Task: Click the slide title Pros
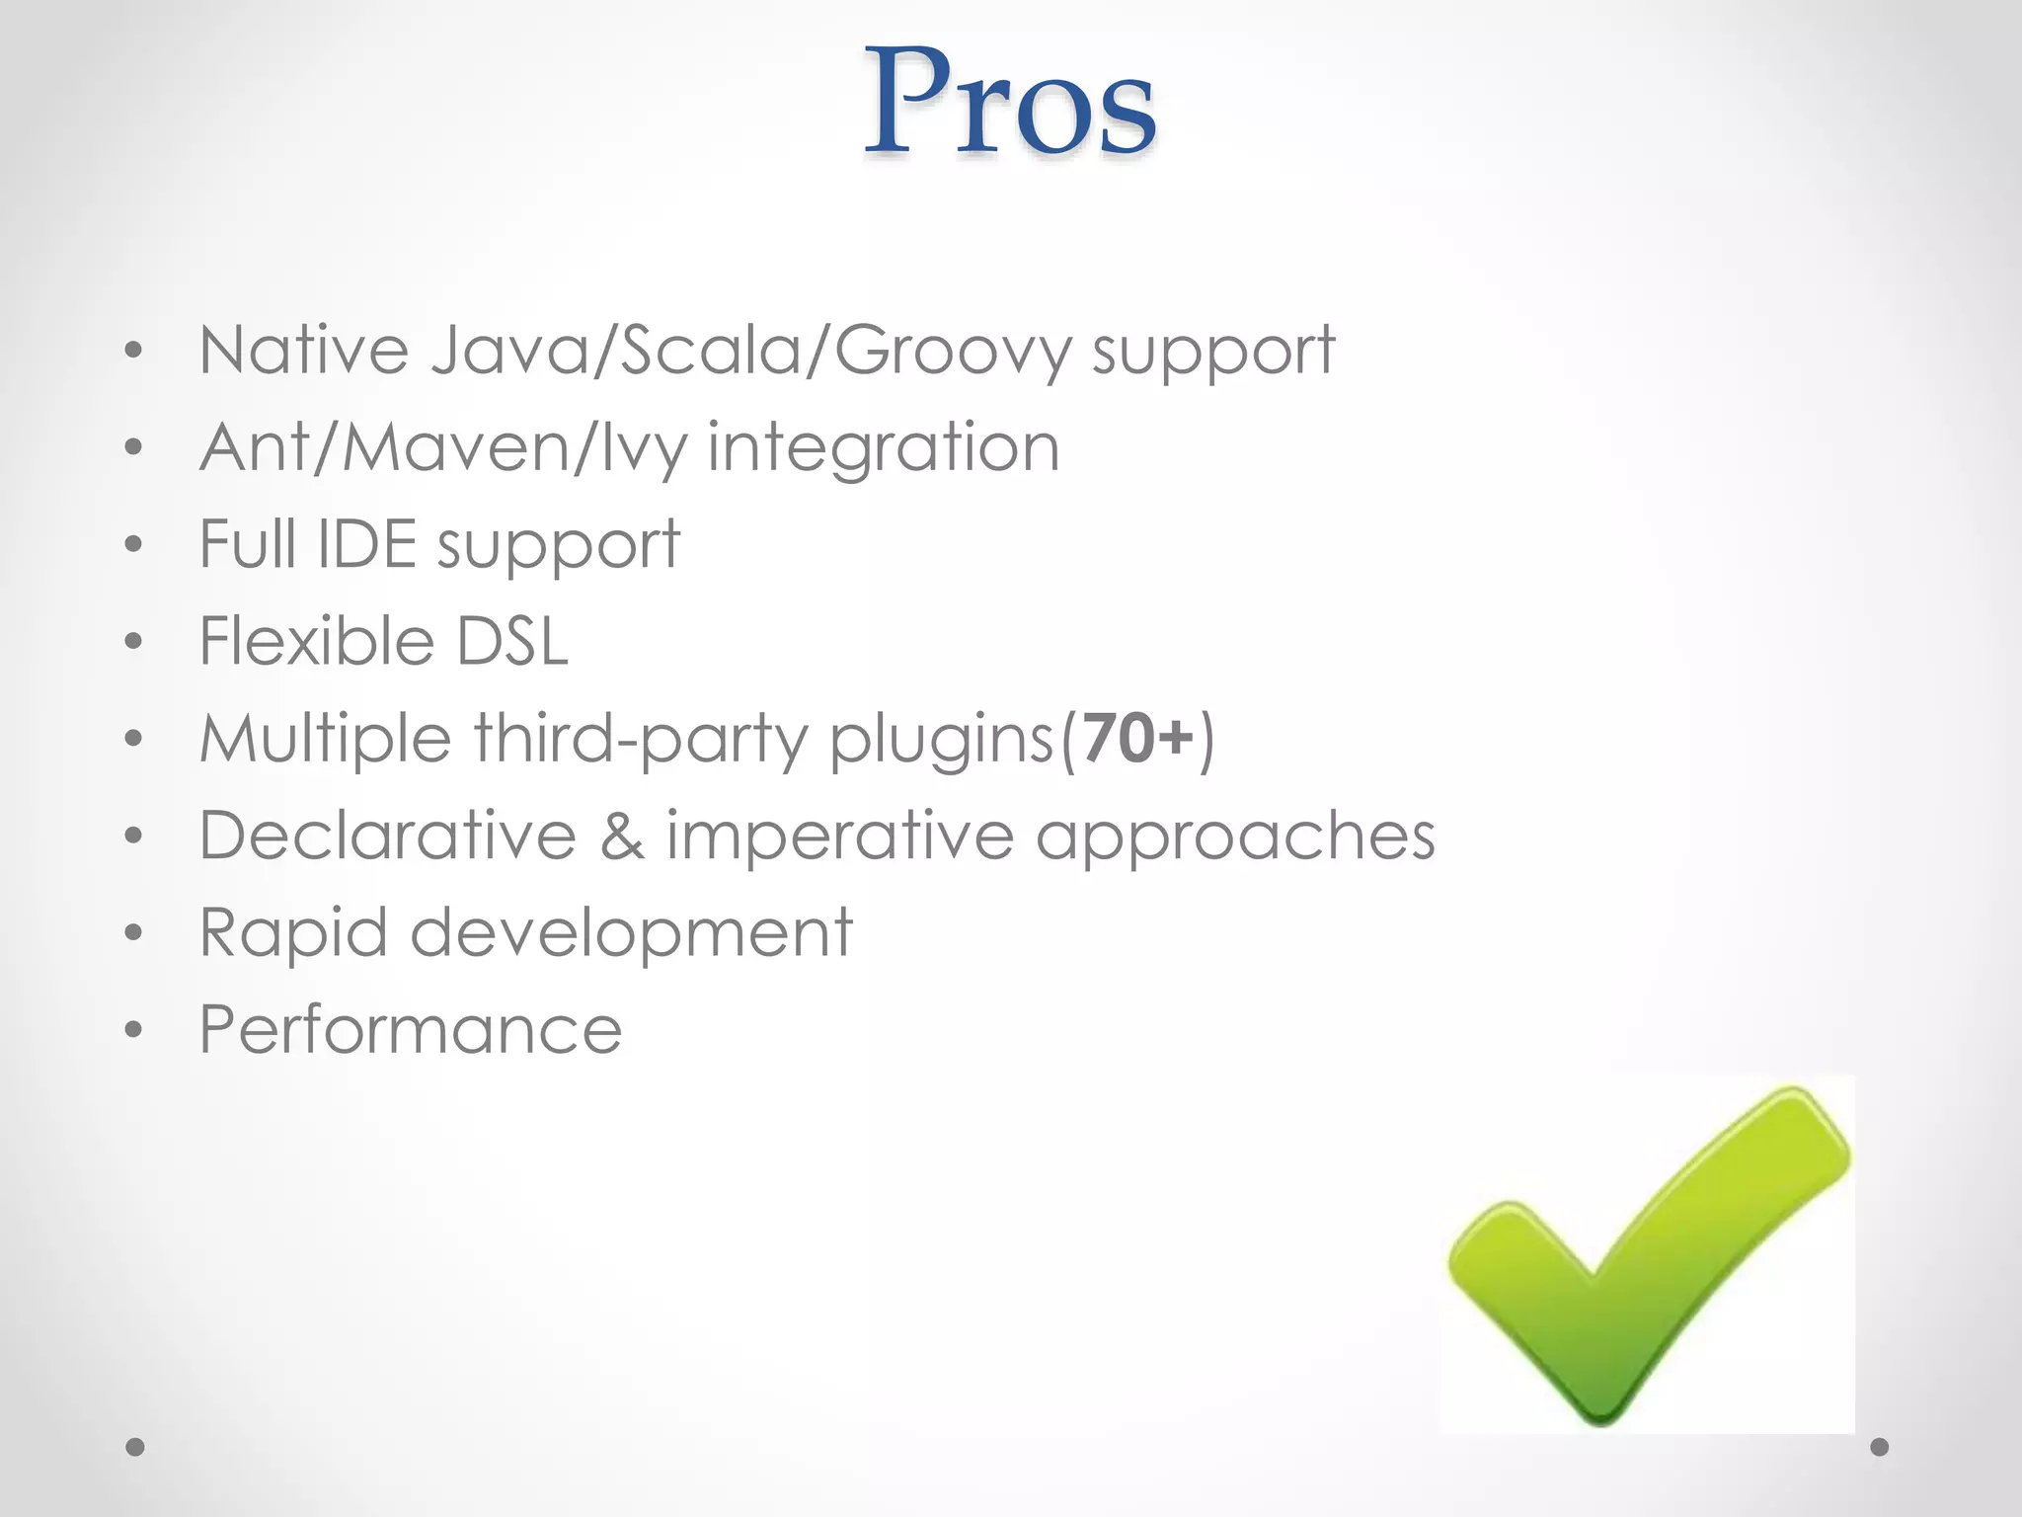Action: coord(1010,103)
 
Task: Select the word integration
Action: coord(884,447)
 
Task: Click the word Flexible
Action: coord(316,640)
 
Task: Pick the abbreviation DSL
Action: coord(512,640)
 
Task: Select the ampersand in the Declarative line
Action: coord(622,836)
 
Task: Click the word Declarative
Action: coord(388,836)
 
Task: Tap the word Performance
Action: coord(411,1029)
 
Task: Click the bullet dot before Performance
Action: coord(134,1031)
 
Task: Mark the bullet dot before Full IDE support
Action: coord(134,544)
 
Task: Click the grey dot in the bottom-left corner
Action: coord(135,1447)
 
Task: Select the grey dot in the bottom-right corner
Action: coord(1880,1447)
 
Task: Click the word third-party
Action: coord(641,739)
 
